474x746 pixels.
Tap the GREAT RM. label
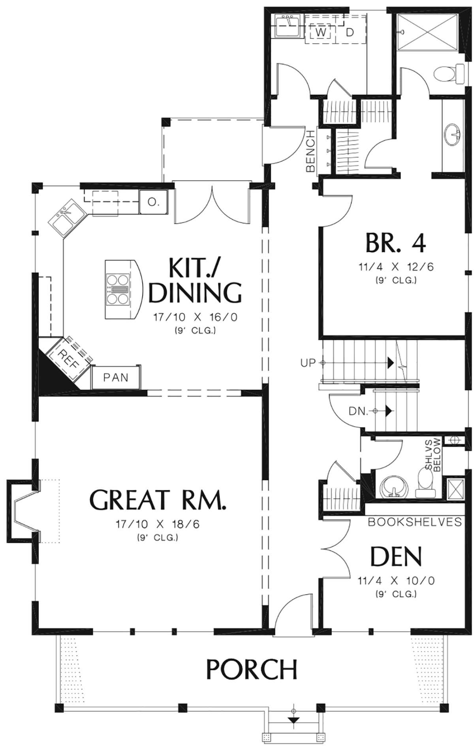[158, 499]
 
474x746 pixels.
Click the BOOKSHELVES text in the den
[415, 522]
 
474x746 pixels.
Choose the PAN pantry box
[116, 377]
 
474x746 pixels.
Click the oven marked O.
[153, 202]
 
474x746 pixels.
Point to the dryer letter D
[350, 32]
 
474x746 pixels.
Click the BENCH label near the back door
[310, 151]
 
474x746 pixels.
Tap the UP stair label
[308, 362]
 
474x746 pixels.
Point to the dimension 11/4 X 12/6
[396, 267]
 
